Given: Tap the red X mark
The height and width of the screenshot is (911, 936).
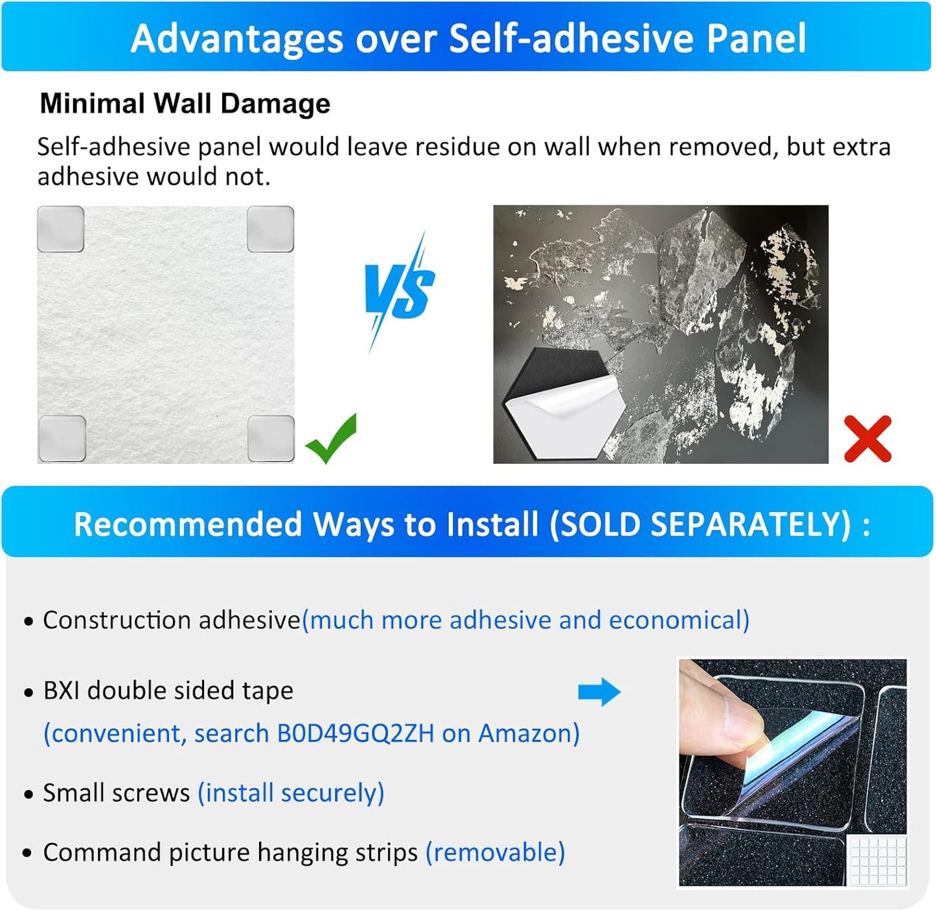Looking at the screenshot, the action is pos(868,439).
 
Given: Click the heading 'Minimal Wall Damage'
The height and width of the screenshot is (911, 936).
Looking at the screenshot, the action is pos(185,104).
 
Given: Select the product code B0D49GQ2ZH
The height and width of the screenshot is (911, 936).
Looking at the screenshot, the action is pos(356,733).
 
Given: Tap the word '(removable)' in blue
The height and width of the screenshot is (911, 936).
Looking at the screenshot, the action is pos(496,852).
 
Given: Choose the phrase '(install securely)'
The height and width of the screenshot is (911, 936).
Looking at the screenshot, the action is pos(291,792).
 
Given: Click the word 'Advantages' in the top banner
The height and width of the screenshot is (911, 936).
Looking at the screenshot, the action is pos(236,38).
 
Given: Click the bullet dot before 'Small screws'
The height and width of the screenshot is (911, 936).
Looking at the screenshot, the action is pos(29,794).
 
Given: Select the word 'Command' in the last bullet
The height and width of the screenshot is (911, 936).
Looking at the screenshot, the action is pos(102,852).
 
